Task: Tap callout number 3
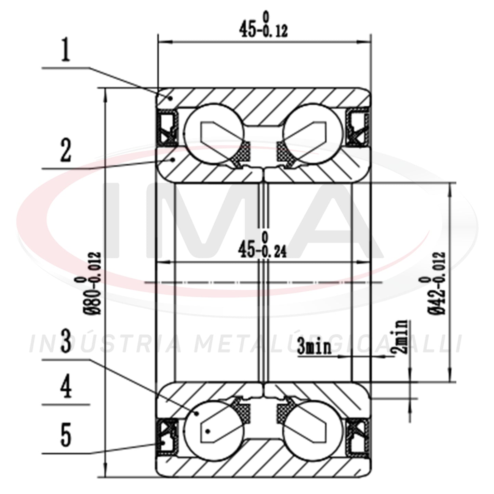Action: coord(66,341)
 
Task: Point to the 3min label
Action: coord(314,347)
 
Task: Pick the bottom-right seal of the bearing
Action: coord(358,435)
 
